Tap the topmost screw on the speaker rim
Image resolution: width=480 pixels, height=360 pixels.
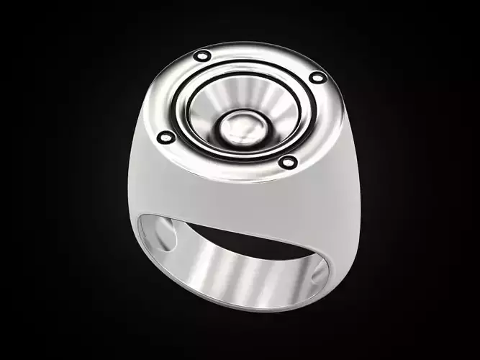pos(203,55)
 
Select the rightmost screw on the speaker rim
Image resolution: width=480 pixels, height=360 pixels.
pos(317,77)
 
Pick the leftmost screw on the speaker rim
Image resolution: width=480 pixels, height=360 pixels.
pos(166,136)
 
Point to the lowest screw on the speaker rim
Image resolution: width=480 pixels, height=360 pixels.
pos(288,162)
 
